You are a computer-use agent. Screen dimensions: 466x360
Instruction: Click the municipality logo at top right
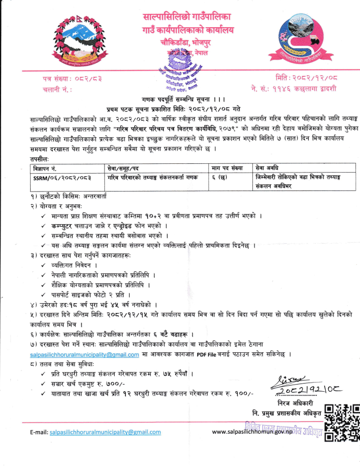pyautogui.click(x=304, y=42)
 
